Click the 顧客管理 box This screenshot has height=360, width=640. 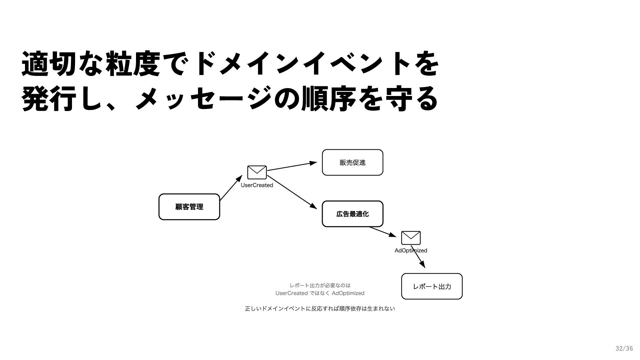tap(189, 207)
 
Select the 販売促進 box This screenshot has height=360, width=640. tap(352, 163)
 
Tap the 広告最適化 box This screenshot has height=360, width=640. tap(352, 214)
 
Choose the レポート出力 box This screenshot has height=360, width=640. tap(432, 287)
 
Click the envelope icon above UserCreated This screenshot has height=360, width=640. tap(257, 172)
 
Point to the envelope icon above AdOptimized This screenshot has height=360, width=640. tap(411, 238)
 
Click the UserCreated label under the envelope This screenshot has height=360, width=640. tap(257, 185)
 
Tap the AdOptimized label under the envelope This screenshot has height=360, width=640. tap(411, 251)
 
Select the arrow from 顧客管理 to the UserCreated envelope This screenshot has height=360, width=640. tap(231, 188)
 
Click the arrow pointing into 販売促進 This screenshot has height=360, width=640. tap(292, 166)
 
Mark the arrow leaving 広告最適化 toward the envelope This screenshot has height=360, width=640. tap(382, 232)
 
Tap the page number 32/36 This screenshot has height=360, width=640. tap(624, 349)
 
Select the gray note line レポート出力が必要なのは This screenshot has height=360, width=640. tap(320, 285)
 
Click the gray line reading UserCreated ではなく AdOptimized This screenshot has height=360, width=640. tap(320, 293)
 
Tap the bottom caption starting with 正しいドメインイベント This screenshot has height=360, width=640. tap(320, 309)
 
